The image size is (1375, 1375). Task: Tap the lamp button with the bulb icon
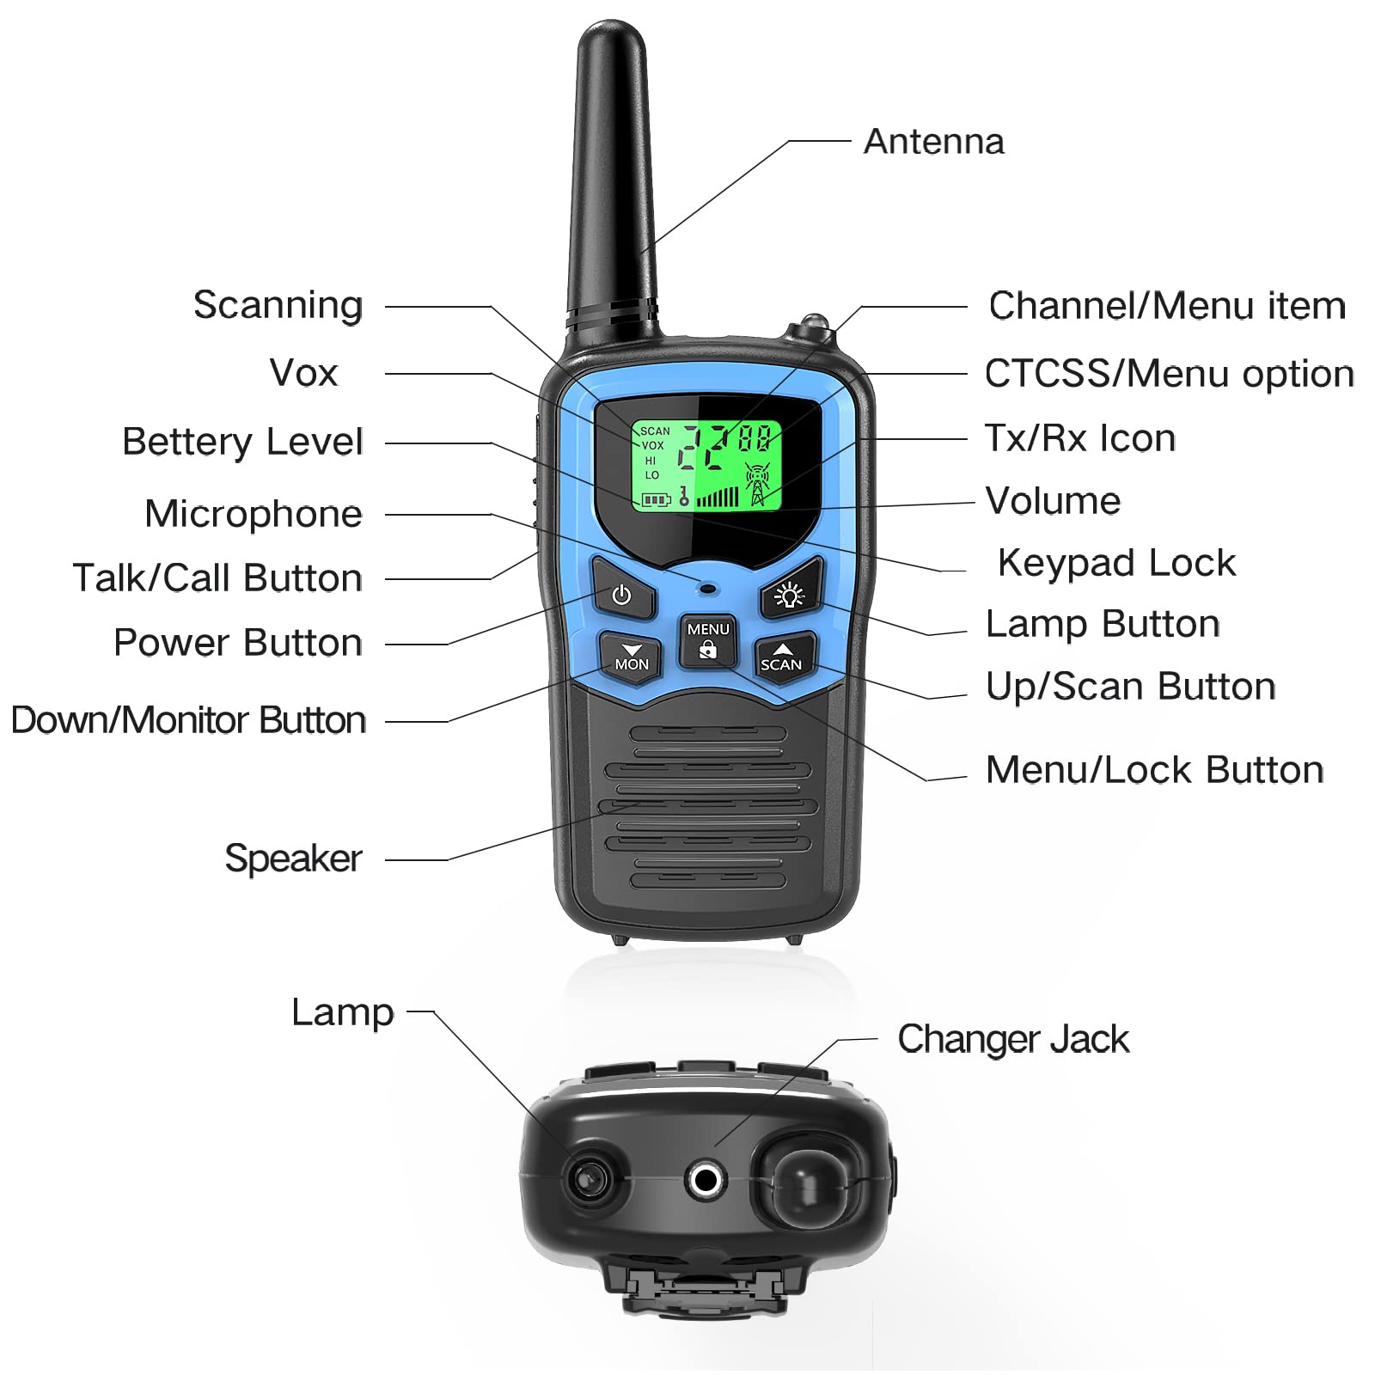(x=790, y=594)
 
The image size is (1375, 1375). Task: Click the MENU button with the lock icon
(x=707, y=640)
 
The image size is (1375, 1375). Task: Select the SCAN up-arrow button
(x=781, y=657)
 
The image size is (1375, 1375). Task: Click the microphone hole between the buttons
(x=708, y=590)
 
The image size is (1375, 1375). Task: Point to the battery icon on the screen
(x=656, y=499)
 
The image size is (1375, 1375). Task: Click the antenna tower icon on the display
(x=757, y=484)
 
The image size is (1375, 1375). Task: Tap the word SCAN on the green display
(x=655, y=431)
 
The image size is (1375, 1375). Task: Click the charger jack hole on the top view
(x=706, y=1179)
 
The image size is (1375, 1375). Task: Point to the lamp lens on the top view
(x=590, y=1176)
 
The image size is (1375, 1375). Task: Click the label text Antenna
(x=933, y=142)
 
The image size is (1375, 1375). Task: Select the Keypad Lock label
(x=1115, y=563)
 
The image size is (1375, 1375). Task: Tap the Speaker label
(x=293, y=858)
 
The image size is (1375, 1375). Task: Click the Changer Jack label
(x=1012, y=1039)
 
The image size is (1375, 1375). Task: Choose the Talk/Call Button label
(x=217, y=577)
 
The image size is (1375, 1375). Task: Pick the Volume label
(x=1053, y=500)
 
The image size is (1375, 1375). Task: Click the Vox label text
(x=303, y=373)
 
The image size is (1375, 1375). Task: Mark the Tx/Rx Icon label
(x=1079, y=438)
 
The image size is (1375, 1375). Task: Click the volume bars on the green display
(x=718, y=497)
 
